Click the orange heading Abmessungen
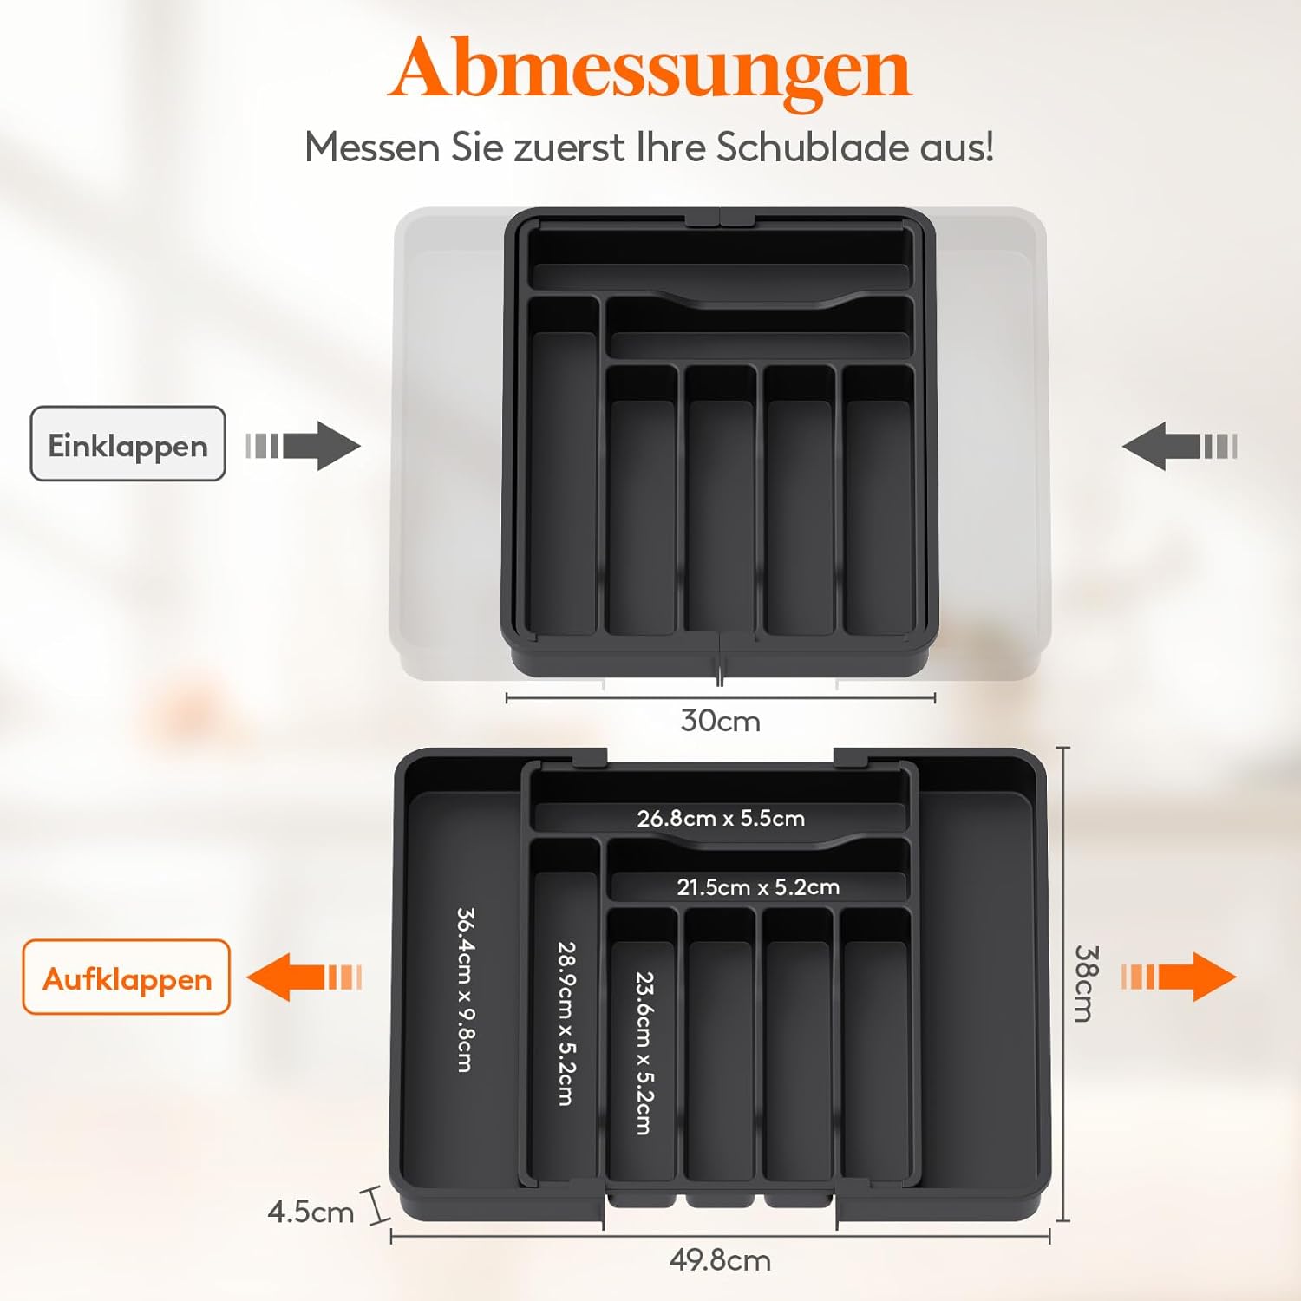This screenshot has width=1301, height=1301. pyautogui.click(x=650, y=69)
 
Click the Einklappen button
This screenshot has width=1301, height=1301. pyautogui.click(x=128, y=443)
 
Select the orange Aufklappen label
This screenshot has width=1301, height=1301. pyautogui.click(x=127, y=977)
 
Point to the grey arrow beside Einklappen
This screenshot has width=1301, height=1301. pyautogui.click(x=303, y=446)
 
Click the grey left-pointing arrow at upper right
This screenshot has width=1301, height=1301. pyautogui.click(x=1180, y=447)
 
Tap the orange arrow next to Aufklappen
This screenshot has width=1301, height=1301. pyautogui.click(x=304, y=977)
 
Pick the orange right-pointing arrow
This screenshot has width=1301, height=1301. pyautogui.click(x=1179, y=977)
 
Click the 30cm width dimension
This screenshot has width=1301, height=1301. pyautogui.click(x=721, y=721)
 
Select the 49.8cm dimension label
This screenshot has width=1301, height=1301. pyautogui.click(x=720, y=1260)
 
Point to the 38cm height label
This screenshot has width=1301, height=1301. pyautogui.click(x=1086, y=983)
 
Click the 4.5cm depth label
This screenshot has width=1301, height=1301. pyautogui.click(x=311, y=1212)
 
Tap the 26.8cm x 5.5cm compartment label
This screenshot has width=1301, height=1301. pyautogui.click(x=721, y=818)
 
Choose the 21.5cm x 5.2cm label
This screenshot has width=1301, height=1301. pyautogui.click(x=758, y=887)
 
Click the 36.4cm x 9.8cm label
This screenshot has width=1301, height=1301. pyautogui.click(x=465, y=990)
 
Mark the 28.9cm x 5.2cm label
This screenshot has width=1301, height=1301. pyautogui.click(x=566, y=1023)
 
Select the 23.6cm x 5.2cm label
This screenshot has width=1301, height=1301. pyautogui.click(x=644, y=1053)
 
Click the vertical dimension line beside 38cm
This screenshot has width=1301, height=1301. pyautogui.click(x=1064, y=984)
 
